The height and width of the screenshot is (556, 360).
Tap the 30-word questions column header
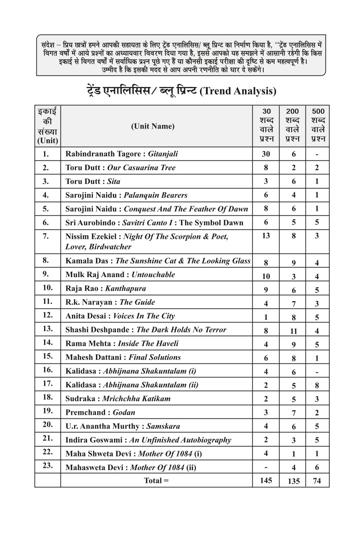[x=266, y=125]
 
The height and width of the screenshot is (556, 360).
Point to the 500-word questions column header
[x=317, y=125]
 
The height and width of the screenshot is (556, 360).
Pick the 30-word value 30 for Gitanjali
[x=266, y=154]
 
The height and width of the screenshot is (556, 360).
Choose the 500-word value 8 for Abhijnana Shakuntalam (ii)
[x=317, y=386]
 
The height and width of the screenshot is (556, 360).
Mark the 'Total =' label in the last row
[x=156, y=480]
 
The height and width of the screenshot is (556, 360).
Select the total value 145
[x=266, y=480]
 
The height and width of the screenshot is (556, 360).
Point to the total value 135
[x=294, y=481]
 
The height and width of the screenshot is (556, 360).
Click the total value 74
[x=317, y=481]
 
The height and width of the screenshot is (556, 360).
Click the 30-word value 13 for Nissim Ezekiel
[x=266, y=235]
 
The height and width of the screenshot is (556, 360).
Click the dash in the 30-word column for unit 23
[x=266, y=467]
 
